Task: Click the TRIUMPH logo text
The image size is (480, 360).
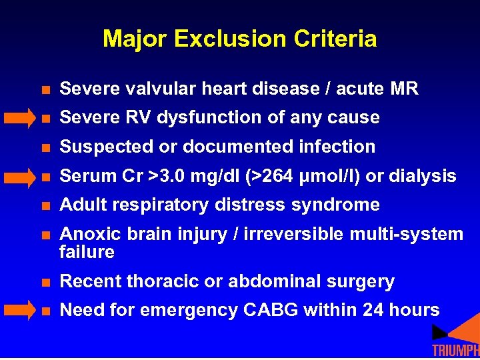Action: pos(455,351)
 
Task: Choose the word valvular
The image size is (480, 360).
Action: pos(145,89)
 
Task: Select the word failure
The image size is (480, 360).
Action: pos(87,252)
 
